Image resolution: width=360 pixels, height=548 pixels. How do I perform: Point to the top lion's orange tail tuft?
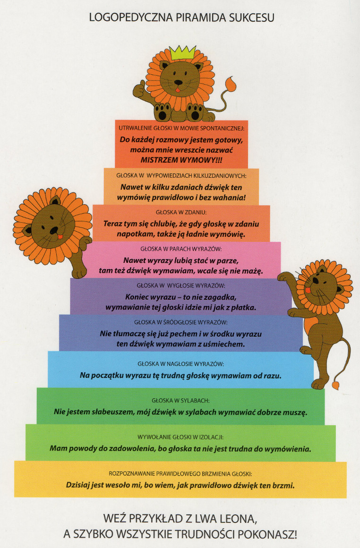coord(230,84)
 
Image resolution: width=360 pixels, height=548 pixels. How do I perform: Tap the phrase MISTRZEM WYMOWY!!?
coord(181,160)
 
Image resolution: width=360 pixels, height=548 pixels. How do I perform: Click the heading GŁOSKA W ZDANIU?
coord(181,212)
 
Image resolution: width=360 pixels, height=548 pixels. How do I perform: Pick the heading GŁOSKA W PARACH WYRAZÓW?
coord(181,249)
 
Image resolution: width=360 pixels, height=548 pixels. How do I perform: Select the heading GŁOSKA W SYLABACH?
coord(180,400)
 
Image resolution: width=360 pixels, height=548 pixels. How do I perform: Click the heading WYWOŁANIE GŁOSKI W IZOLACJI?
coord(180,437)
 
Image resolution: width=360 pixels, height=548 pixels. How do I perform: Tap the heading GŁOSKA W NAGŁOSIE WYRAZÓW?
coord(180,364)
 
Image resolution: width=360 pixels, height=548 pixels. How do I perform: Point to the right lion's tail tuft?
coord(335,385)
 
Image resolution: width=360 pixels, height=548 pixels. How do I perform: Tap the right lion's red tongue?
coord(308,290)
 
